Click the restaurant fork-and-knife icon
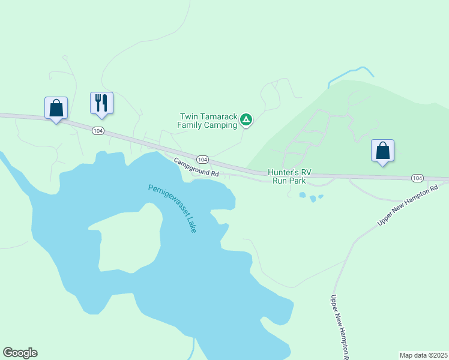(x=101, y=103)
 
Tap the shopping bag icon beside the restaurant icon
(x=56, y=108)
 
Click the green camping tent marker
(x=246, y=120)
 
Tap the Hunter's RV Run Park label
(x=289, y=176)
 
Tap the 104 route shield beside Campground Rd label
(x=203, y=160)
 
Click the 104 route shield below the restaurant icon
(x=98, y=130)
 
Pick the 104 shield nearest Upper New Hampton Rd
(x=417, y=178)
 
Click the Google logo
(x=20, y=353)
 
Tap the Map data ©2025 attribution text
(x=423, y=355)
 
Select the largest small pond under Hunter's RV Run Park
(x=302, y=196)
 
